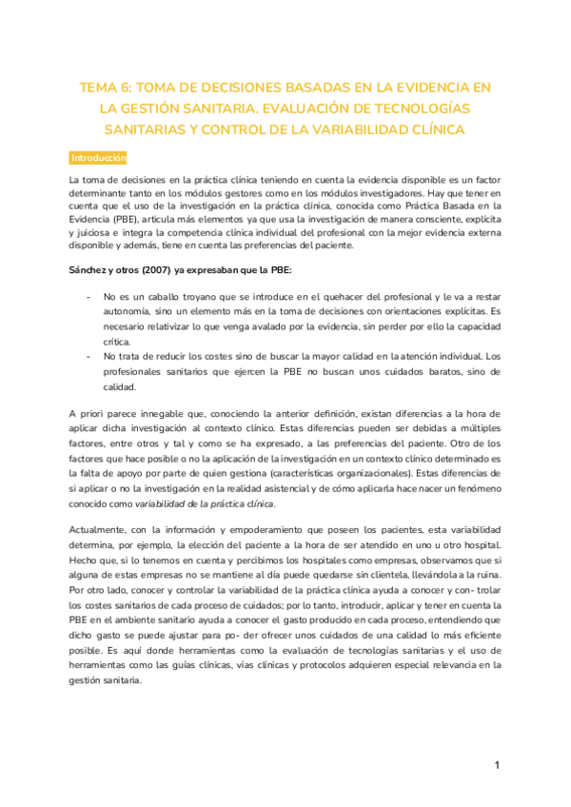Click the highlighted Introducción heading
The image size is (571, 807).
click(x=99, y=157)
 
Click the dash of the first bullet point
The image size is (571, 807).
click(x=89, y=298)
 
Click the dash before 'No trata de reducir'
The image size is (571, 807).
click(x=89, y=355)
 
